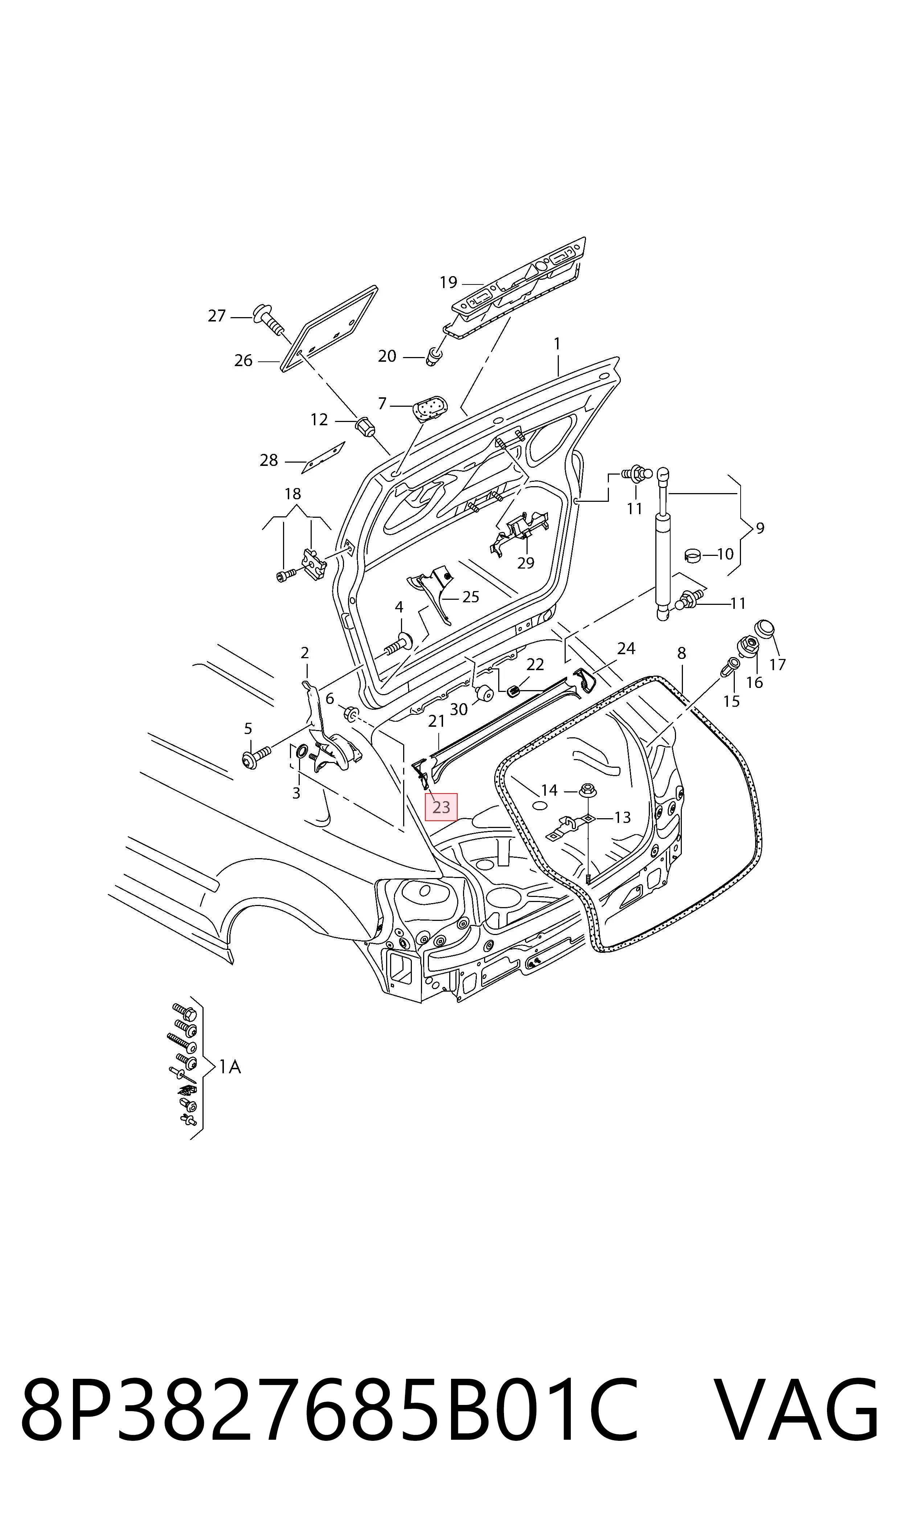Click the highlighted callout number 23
pyautogui.click(x=441, y=807)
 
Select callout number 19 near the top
pyautogui.click(x=448, y=282)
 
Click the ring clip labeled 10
pyautogui.click(x=693, y=554)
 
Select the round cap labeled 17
pyautogui.click(x=765, y=630)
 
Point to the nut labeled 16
pyautogui.click(x=748, y=645)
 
